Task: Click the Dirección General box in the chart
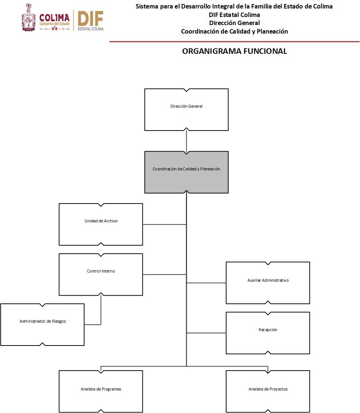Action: point(186,110)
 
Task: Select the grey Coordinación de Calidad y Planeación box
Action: point(186,172)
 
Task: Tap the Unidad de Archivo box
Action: point(101,224)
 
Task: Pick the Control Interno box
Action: point(101,274)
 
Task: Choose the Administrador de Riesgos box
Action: point(42,324)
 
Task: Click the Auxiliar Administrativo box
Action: point(268,283)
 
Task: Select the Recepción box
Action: point(268,333)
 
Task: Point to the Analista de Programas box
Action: point(101,391)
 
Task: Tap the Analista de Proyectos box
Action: point(268,391)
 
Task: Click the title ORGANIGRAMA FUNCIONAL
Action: point(235,52)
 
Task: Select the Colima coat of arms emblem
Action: point(29,17)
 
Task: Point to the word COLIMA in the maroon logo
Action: point(54,18)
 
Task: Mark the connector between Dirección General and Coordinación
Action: point(187,141)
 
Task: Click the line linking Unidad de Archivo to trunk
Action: point(164,224)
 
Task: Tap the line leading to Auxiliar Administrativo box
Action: point(207,283)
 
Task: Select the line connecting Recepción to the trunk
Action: point(207,333)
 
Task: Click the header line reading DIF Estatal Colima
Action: point(234,15)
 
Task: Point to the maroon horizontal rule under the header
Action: point(234,42)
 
